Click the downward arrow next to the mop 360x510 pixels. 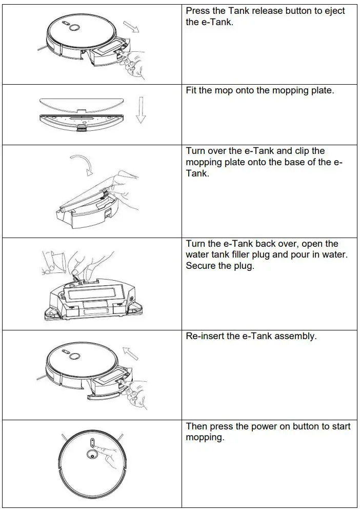(x=140, y=110)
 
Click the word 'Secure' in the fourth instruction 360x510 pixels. (x=202, y=266)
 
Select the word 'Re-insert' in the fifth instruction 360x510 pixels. (x=204, y=336)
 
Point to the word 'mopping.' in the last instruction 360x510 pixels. (x=205, y=438)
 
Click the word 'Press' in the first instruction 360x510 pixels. (x=197, y=11)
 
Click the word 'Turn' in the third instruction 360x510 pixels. (x=195, y=151)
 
